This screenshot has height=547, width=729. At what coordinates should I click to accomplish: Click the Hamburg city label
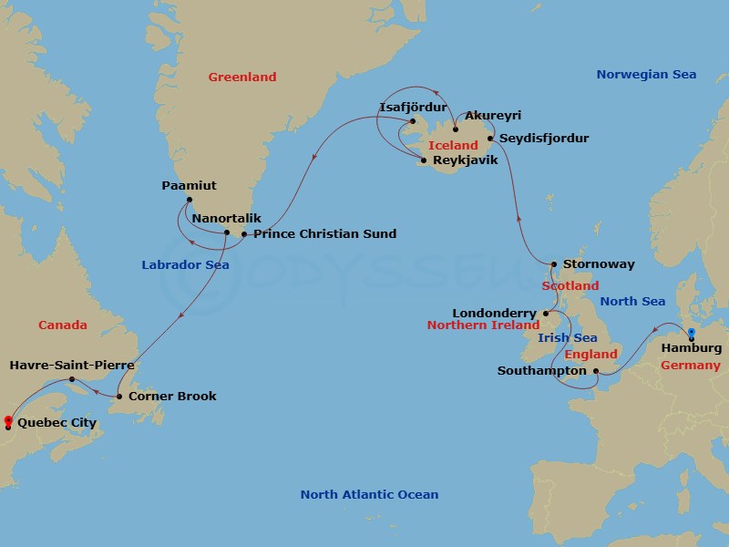coord(692,347)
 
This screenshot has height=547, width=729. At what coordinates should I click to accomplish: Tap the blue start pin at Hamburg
coord(692,334)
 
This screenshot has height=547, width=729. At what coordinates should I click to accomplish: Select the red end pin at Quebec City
coord(8,421)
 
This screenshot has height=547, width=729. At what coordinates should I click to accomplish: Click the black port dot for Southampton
coord(595,371)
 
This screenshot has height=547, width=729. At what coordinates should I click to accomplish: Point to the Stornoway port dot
coord(553,265)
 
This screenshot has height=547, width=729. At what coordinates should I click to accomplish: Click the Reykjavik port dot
coord(423,161)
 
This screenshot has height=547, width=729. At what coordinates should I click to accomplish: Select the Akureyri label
coord(493,116)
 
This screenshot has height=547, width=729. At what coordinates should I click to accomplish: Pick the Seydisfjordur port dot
coord(491,139)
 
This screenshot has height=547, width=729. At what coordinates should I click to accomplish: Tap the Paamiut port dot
coord(189,200)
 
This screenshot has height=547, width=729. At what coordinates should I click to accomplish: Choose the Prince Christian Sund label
coord(324,234)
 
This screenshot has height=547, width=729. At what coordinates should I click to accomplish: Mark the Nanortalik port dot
coord(227,233)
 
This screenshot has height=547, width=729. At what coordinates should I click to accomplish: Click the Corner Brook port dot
coord(119,397)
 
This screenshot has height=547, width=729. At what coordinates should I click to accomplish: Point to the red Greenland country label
coord(241,77)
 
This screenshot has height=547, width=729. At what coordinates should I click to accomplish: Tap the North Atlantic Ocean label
coord(369,495)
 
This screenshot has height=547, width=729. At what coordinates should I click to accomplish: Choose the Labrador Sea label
coord(185,265)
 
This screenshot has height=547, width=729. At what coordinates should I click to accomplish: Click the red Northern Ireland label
coord(485,325)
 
